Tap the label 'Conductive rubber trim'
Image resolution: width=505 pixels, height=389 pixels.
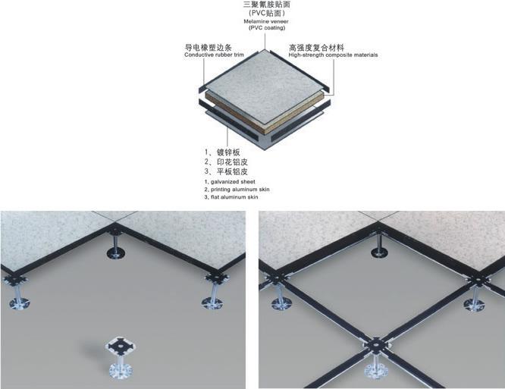click(x=215, y=55)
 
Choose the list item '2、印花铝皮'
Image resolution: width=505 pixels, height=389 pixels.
click(x=226, y=162)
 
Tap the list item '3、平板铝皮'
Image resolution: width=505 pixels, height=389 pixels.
click(x=226, y=173)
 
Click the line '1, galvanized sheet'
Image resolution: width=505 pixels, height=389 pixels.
click(x=229, y=182)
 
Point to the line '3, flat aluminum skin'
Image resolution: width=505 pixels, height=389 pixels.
click(x=232, y=197)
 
